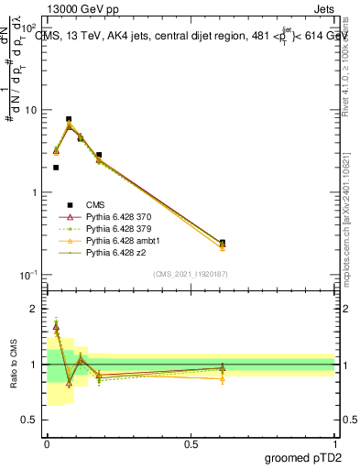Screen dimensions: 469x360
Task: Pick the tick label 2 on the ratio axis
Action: [x=33, y=310]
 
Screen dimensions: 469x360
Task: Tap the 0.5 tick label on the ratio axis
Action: [x=28, y=420]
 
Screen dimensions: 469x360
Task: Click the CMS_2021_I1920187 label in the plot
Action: [x=191, y=274]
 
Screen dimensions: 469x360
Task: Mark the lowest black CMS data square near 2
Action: [x=56, y=168]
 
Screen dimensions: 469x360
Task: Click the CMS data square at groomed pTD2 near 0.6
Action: [x=223, y=243]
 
